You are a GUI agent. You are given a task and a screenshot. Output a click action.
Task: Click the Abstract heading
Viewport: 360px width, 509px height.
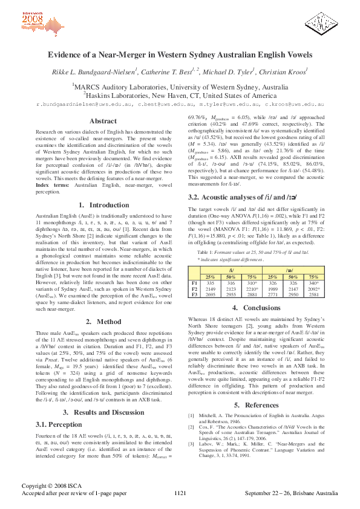click(x=103, y=121)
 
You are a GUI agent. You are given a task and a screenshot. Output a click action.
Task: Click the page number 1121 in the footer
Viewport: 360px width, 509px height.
click(x=180, y=494)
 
